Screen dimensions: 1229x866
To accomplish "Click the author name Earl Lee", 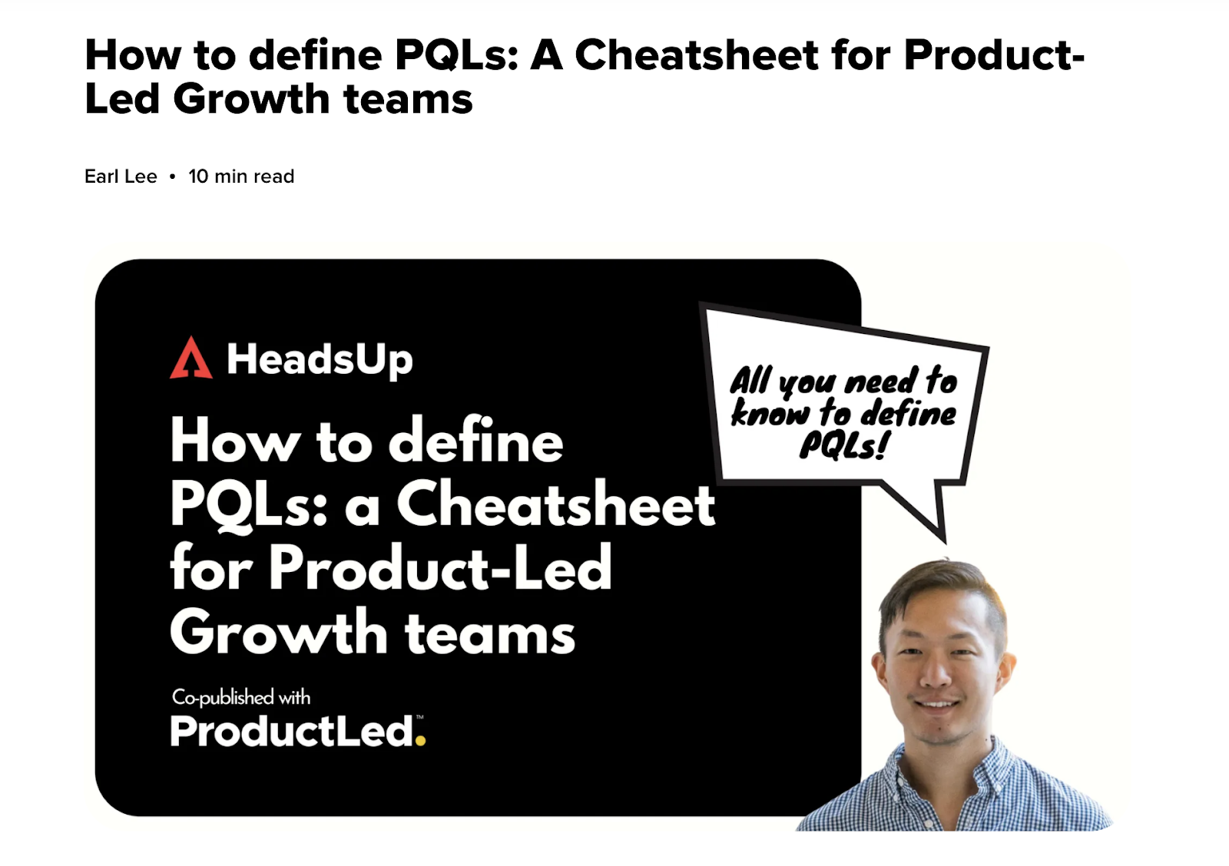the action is tap(121, 177).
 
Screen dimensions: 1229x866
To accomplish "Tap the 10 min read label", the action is tap(241, 177).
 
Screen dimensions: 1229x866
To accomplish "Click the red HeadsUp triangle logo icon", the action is tap(191, 358).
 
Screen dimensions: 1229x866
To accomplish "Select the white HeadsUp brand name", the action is tap(320, 360).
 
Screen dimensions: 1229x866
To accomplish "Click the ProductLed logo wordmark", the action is tap(298, 731).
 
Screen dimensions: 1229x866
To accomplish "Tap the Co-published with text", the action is tap(241, 697).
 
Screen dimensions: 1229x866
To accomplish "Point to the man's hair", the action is tap(945, 590).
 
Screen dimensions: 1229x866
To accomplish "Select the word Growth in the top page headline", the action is tap(252, 99).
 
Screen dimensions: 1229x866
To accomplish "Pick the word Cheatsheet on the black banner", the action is tap(556, 504).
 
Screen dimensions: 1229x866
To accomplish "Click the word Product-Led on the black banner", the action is tap(440, 567).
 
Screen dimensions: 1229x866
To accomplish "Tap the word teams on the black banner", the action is tap(490, 633).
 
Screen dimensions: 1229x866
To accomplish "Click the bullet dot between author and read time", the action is tap(172, 177).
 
